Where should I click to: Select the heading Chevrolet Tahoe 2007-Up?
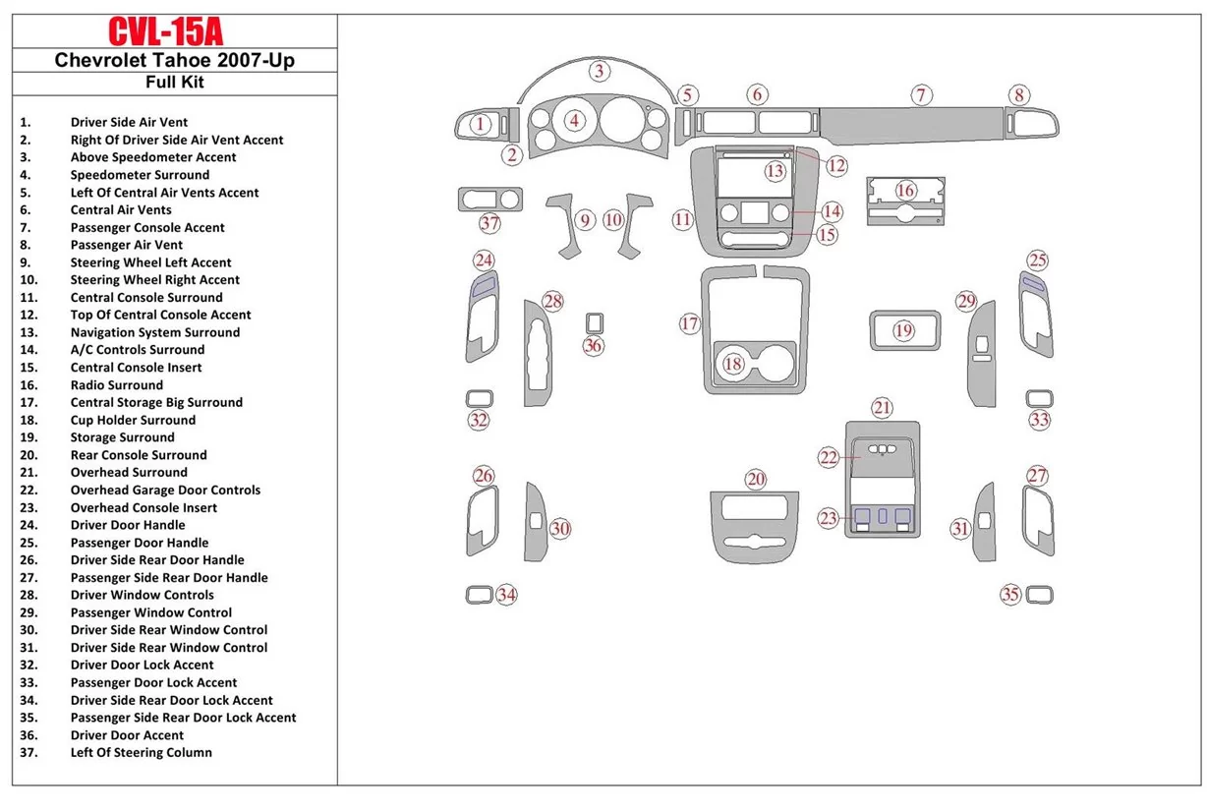[174, 60]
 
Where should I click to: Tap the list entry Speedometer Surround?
[140, 175]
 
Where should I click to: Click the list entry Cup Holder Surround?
[133, 420]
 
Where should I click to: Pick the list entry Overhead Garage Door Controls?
[165, 490]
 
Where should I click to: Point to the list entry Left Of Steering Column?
[141, 753]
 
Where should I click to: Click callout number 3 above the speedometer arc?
[599, 70]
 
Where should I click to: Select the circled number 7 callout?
[920, 95]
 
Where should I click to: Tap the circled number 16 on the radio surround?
[904, 190]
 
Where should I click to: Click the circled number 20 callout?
[755, 479]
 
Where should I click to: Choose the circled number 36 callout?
[593, 345]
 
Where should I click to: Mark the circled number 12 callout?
[835, 165]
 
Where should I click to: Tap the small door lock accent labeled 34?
[479, 594]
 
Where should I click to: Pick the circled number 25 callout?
[1038, 261]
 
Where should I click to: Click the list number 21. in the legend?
[26, 473]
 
